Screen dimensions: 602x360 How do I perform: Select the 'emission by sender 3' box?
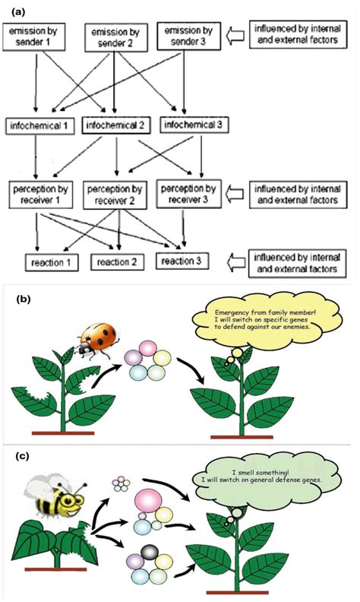[191, 36]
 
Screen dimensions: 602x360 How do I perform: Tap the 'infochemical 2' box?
[115, 123]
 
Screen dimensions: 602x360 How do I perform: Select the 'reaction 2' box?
[115, 263]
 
